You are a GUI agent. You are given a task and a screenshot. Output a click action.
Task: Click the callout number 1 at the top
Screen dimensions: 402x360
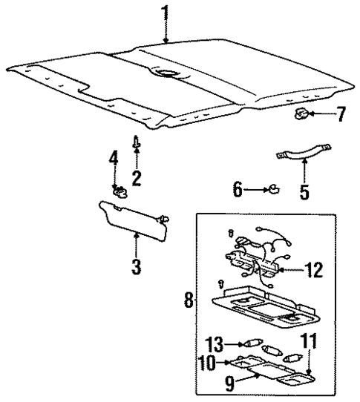166,13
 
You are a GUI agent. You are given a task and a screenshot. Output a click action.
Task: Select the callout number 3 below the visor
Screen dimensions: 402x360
136,266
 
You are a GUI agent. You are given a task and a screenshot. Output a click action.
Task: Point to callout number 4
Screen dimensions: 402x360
114,158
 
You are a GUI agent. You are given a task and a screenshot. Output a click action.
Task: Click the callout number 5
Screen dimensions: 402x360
303,193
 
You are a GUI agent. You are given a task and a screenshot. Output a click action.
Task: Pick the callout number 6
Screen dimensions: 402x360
238,190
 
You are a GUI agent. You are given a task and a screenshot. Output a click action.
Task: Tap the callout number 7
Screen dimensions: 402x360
340,114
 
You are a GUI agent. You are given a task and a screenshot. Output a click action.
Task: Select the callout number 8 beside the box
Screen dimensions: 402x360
188,301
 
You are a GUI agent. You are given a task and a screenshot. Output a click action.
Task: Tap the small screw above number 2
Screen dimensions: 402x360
136,140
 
